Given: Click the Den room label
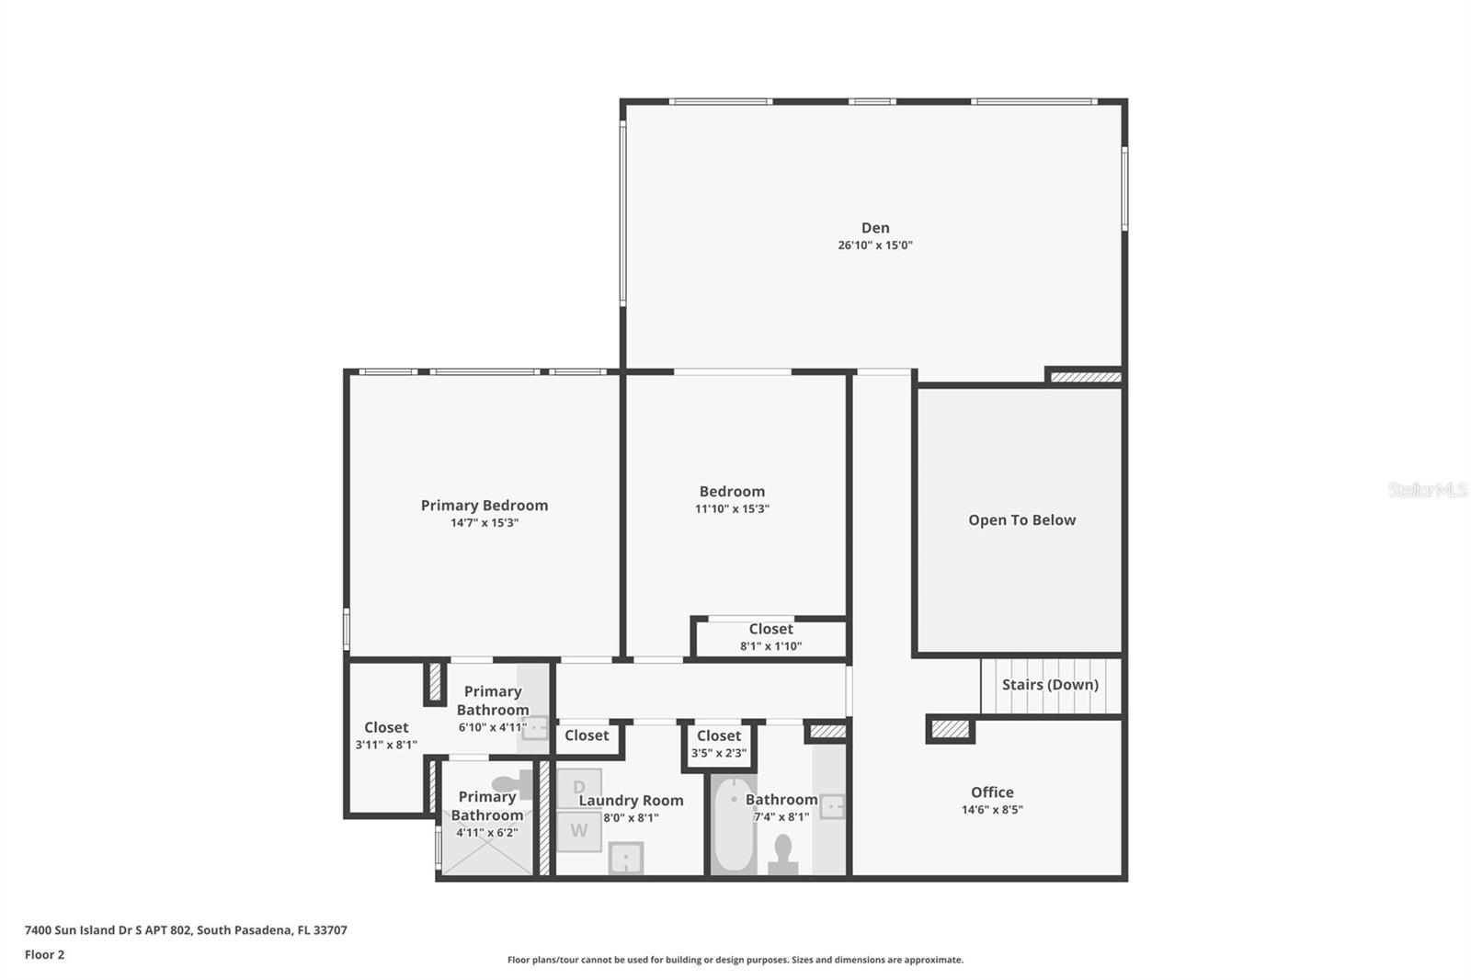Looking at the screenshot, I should pos(874,228).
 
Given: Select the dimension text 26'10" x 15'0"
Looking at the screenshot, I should pos(874,245).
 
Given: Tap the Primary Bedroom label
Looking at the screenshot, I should pos(484,506).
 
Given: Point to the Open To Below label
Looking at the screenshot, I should pos(1021,520).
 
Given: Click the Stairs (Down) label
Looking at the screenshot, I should pos(1050,685).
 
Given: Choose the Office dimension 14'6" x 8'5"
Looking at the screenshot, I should pos(992,810).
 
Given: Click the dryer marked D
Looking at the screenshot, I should pos(579,787).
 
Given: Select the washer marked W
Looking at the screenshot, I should pos(578,831).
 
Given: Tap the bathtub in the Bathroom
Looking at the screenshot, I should pos(734,826).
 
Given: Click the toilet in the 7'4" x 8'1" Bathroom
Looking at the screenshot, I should pos(782,854).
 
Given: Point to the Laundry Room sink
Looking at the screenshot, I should pos(626,859).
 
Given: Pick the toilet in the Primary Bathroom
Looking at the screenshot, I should pos(511,784).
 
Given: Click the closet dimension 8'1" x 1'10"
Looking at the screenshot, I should pos(770,646).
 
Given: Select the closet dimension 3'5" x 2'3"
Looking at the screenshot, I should pos(718,753).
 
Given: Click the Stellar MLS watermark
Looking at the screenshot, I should pos(1427,490).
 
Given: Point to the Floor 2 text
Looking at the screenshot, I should pos(44,954).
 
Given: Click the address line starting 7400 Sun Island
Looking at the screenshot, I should pos(186,929).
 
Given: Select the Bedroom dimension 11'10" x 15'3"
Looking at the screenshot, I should pos(732,508).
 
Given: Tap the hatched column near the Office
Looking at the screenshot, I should pos(950,729).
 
